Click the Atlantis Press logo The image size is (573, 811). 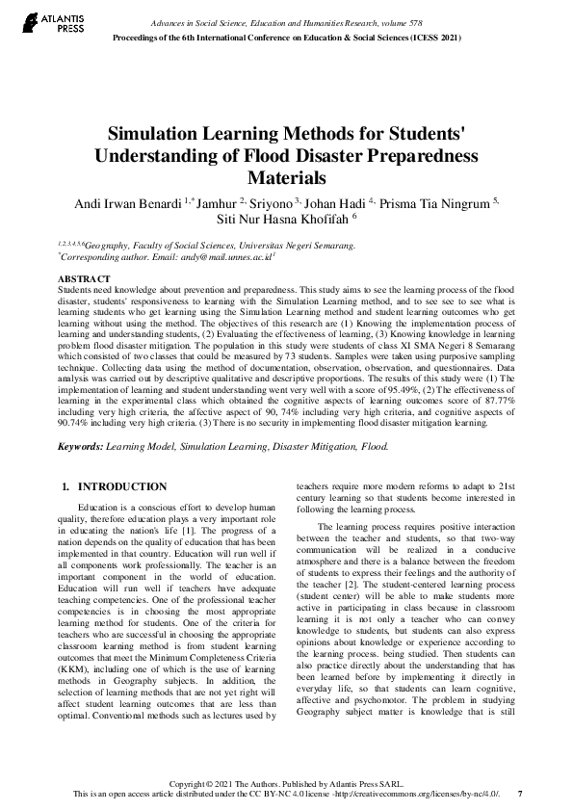pyautogui.click(x=36, y=23)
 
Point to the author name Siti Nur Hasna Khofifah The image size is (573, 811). pyautogui.click(x=285, y=220)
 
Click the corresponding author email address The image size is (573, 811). pyautogui.click(x=223, y=258)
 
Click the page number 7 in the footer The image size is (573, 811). pyautogui.click(x=521, y=794)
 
